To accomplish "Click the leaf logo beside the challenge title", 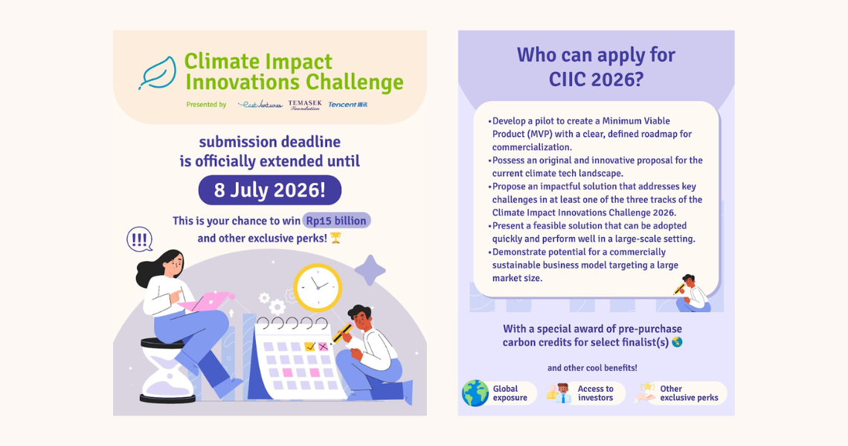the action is coord(158,73).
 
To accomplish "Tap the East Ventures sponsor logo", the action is coord(260,104).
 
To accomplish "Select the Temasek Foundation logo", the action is coord(305,105).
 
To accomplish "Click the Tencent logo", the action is coord(347,104).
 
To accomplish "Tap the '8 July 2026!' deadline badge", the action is coord(270,190).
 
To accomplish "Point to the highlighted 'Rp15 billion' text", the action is coord(336,221).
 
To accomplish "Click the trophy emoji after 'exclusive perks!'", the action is coord(335,238).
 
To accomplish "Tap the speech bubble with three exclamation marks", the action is coord(140,239).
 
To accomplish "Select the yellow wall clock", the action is coord(318,288).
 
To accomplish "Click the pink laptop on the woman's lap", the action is coord(206,300).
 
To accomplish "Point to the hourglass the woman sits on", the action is coord(167,370).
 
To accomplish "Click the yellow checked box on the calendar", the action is coord(310,346).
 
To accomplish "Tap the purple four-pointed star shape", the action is coord(370,270).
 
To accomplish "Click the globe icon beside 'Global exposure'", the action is coord(475,393).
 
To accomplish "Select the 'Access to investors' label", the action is coord(595,393).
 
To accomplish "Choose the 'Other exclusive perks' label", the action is coord(689,393).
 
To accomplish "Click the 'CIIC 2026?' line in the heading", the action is coord(596,80).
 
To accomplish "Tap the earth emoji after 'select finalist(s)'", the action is coord(677,342).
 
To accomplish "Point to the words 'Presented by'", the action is coord(206,105).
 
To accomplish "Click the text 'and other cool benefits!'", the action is coord(592,368).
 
